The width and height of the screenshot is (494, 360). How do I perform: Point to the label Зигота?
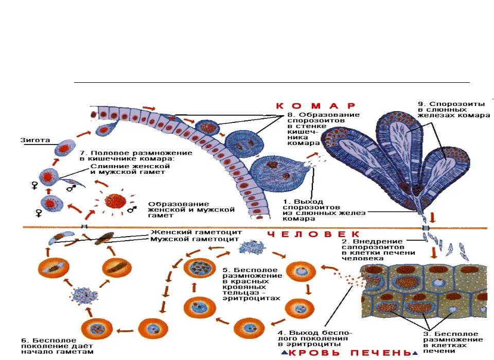tap(35, 139)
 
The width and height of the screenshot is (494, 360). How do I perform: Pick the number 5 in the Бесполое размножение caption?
tap(225, 269)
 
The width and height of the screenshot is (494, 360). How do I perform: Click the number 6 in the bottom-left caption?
tap(24, 340)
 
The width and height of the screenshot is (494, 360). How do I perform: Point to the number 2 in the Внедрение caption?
tap(343, 241)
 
